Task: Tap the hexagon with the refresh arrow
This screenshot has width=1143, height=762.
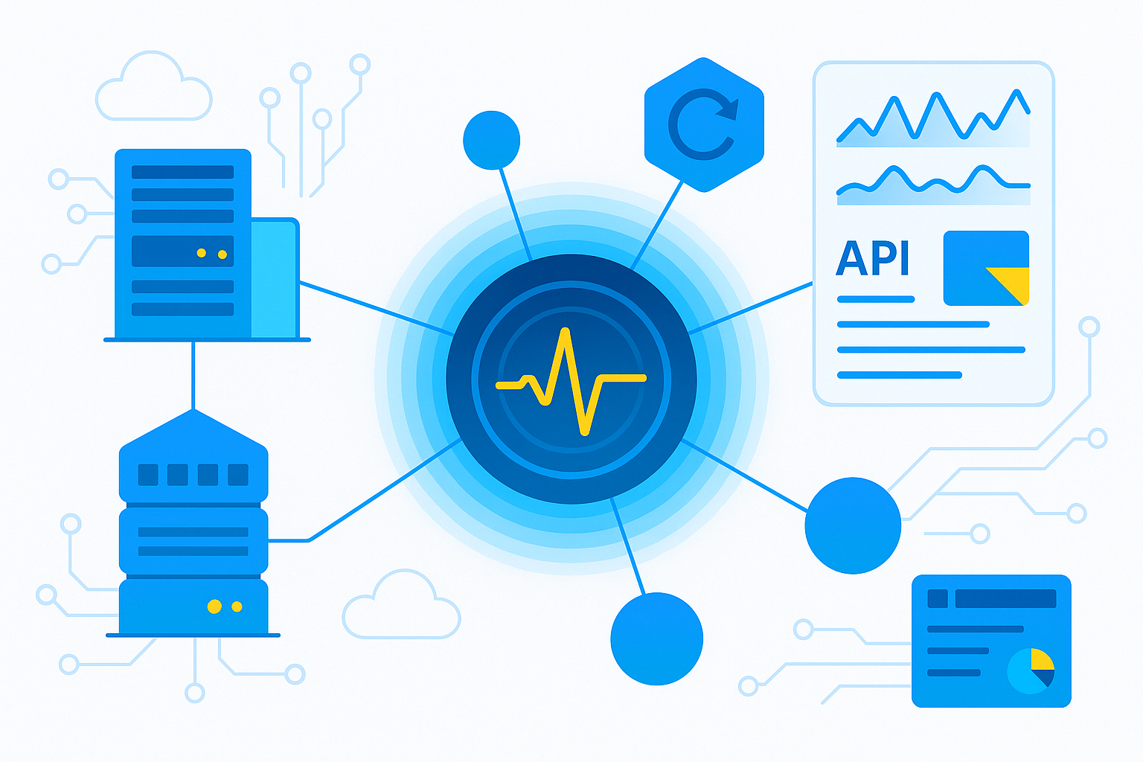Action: [704, 124]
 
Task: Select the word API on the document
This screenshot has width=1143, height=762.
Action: [872, 259]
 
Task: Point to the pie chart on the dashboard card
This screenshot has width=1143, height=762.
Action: [1031, 670]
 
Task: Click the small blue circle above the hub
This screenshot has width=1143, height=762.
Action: [491, 140]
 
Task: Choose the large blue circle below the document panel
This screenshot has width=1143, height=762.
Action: [853, 525]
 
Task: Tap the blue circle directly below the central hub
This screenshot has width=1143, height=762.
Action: [656, 638]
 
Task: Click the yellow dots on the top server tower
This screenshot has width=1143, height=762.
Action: [211, 254]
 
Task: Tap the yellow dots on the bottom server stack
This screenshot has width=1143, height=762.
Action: [225, 606]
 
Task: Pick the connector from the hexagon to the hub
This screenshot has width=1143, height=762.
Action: [656, 224]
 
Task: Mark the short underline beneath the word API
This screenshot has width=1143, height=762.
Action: [875, 299]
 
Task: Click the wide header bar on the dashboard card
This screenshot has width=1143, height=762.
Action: [1005, 598]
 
